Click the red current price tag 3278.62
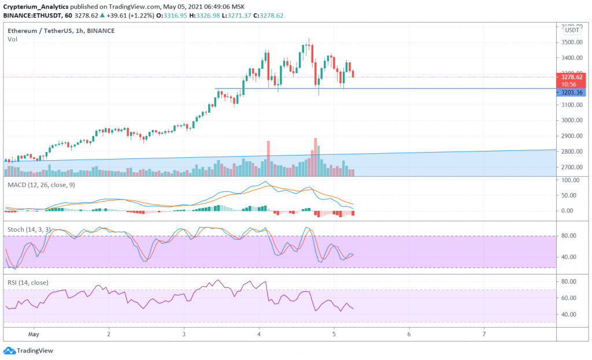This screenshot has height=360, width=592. tap(572, 76)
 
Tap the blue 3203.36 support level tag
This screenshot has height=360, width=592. tap(572, 92)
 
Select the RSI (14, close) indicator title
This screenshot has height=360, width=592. tap(28, 283)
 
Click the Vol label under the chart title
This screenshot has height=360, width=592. tap(12, 39)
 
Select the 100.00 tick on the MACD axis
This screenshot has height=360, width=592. tap(570, 180)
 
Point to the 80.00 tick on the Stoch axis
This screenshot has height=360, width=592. tap(570, 236)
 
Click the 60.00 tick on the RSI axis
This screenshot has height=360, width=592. tap(570, 298)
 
